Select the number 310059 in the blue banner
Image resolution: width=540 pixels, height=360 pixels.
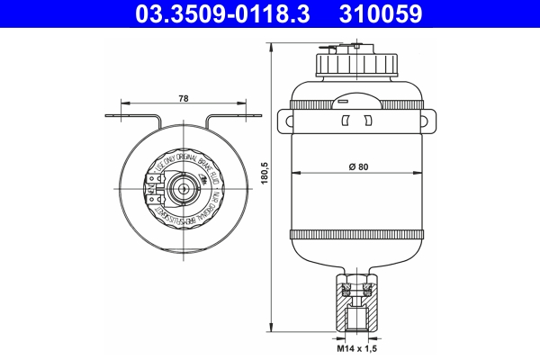coord(382,15)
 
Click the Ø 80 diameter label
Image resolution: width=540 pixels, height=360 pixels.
coord(359,166)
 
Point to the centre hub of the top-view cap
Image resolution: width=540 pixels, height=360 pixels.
coord(184,189)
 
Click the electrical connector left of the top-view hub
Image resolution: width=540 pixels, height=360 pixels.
coord(151,189)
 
